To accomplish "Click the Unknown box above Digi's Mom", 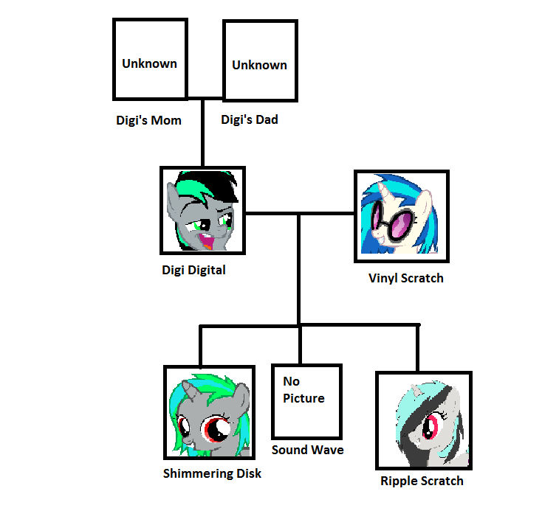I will (x=149, y=60).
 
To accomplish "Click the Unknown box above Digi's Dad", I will (x=259, y=60).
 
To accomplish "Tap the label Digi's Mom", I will (x=148, y=120).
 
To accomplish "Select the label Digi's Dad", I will (x=250, y=119).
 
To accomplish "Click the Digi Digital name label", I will (x=193, y=270).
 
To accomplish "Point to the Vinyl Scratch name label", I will (x=405, y=278).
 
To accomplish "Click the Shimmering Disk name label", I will (x=212, y=473).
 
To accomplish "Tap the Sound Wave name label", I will (x=307, y=450).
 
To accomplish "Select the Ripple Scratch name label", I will (x=422, y=481).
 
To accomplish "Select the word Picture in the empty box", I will (x=303, y=398).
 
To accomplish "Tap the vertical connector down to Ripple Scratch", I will (x=418, y=347).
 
